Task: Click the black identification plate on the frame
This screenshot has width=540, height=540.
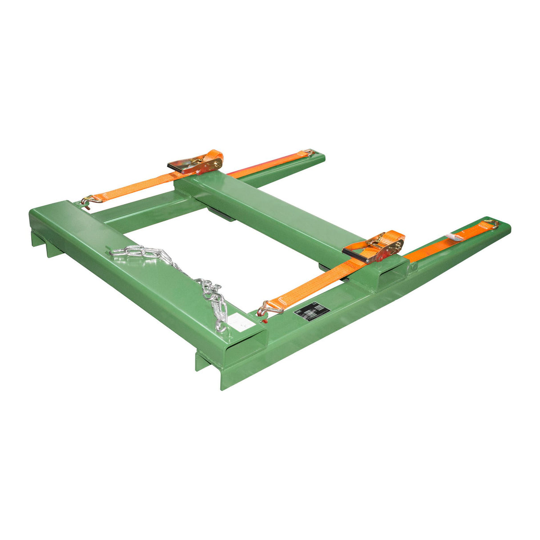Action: [311, 310]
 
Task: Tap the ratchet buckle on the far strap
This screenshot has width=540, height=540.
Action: [196, 164]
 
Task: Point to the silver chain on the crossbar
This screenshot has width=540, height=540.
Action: [178, 271]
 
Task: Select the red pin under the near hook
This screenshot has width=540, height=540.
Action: [264, 320]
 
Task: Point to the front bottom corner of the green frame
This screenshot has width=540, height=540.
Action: [222, 388]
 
